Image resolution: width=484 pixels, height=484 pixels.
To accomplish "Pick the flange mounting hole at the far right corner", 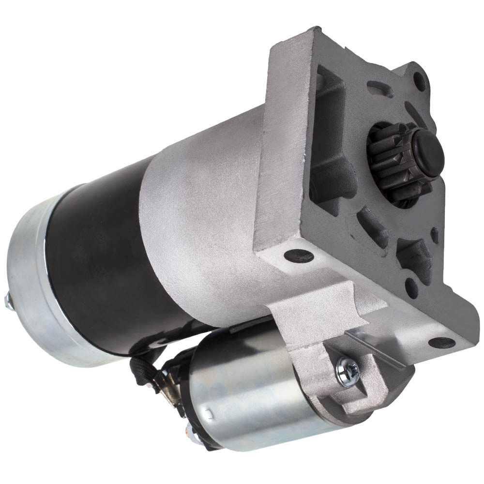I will [441, 343].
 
